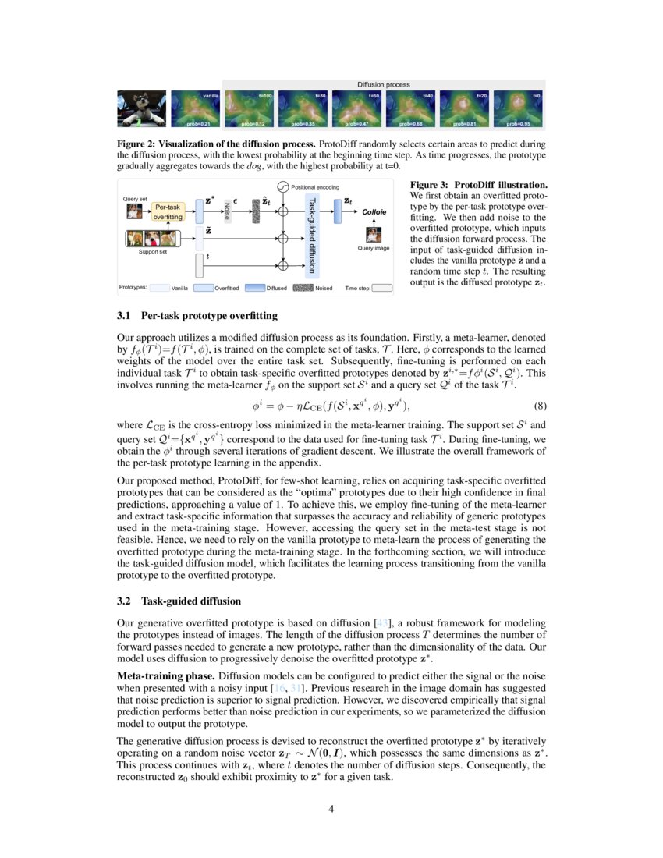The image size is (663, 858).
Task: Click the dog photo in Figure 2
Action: (x=141, y=108)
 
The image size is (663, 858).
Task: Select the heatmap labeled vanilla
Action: (x=196, y=108)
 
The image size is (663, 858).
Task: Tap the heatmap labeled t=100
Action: (x=250, y=108)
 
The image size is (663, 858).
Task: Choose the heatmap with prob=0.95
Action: (x=518, y=108)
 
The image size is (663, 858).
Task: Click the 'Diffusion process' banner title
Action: (x=384, y=84)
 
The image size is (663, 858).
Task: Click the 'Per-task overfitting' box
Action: (x=168, y=211)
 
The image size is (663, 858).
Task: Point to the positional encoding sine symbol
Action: (x=284, y=187)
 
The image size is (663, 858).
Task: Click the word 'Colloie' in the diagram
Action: (x=374, y=211)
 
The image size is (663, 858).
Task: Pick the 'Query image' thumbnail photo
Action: (x=374, y=233)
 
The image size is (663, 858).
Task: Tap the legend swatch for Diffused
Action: (x=255, y=288)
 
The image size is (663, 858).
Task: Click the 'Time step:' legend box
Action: (x=381, y=288)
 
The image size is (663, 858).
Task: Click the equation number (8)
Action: (x=537, y=406)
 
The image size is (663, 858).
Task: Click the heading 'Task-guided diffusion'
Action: (x=191, y=601)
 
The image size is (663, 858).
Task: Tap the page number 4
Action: (x=331, y=809)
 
